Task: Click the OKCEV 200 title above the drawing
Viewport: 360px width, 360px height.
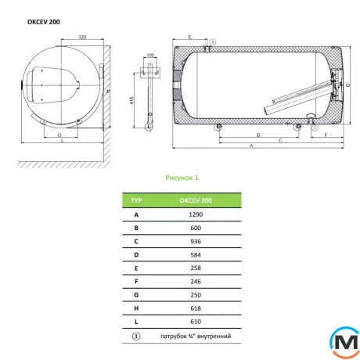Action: click(44, 22)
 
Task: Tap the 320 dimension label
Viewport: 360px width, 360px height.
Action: click(82, 37)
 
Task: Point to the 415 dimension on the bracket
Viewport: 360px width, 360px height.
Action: click(131, 100)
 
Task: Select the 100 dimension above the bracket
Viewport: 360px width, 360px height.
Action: click(150, 55)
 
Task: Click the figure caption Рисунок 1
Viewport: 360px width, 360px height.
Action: click(182, 178)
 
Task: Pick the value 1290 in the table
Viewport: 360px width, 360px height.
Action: click(196, 214)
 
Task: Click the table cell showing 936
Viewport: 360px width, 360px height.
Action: click(196, 241)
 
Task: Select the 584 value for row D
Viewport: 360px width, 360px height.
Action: click(196, 255)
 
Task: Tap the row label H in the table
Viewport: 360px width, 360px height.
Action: click(136, 308)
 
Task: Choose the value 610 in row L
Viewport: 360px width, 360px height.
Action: click(196, 322)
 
